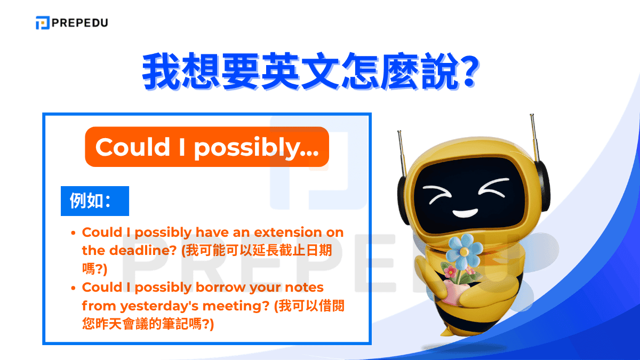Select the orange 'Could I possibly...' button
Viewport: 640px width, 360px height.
207,147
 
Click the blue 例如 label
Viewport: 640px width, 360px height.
94,201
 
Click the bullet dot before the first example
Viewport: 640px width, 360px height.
74,233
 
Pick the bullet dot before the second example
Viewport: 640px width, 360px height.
74,287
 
